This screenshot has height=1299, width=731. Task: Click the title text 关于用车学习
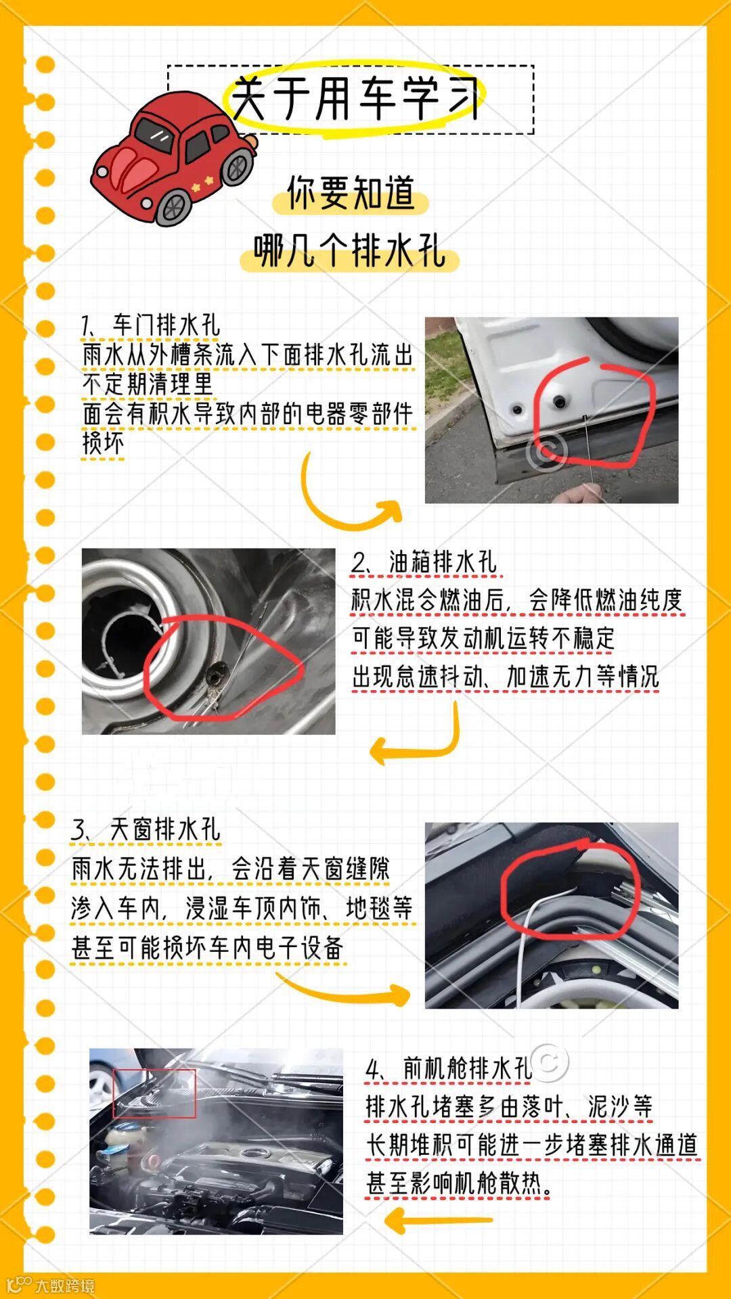click(x=355, y=98)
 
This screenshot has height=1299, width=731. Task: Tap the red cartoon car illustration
click(x=174, y=158)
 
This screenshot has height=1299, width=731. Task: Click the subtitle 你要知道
click(x=351, y=193)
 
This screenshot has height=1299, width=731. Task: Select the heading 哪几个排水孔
click(x=349, y=251)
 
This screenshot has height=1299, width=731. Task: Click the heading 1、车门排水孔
click(x=150, y=325)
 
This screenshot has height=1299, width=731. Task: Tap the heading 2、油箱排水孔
click(x=424, y=562)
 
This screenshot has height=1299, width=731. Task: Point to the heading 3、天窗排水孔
click(x=146, y=829)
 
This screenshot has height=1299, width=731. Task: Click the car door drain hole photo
click(x=552, y=410)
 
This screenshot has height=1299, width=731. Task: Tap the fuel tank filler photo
click(x=208, y=641)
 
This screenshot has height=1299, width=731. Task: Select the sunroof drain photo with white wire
click(x=552, y=915)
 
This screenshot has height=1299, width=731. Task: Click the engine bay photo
click(x=216, y=1141)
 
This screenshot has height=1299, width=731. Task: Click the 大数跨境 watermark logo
click(x=51, y=1285)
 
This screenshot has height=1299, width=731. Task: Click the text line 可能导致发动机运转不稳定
click(x=483, y=637)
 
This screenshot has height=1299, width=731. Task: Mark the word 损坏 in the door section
click(x=103, y=443)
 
